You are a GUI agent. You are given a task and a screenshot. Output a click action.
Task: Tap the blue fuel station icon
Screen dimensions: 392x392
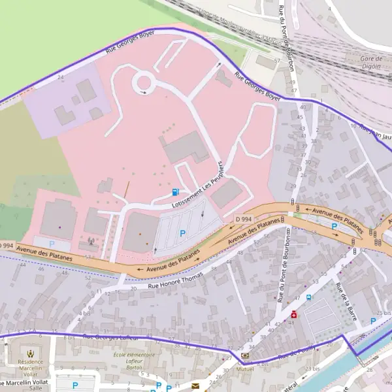coord(175,192)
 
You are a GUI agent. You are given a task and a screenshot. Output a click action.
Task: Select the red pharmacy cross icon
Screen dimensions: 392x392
coord(294,315)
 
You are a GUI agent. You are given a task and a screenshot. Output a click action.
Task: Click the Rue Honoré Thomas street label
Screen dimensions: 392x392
coord(176,280)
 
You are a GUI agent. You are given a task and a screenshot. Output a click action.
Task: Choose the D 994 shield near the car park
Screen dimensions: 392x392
coord(244,218)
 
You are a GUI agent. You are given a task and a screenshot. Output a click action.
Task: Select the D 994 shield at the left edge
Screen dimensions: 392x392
coord(5,245)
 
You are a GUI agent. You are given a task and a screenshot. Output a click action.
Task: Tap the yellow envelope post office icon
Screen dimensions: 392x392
coord(195,386)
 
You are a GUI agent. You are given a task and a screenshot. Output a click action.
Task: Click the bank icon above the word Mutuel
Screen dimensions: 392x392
coord(245,355)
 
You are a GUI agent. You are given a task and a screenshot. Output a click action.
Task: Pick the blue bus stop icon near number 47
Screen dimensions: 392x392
coord(308,297)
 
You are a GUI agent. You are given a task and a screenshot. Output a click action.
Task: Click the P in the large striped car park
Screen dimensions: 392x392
coord(182,233)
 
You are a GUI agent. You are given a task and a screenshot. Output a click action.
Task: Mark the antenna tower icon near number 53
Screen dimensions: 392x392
coord(90,240)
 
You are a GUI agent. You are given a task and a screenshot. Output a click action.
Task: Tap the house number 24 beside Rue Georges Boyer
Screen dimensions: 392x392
coord(61,77)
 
